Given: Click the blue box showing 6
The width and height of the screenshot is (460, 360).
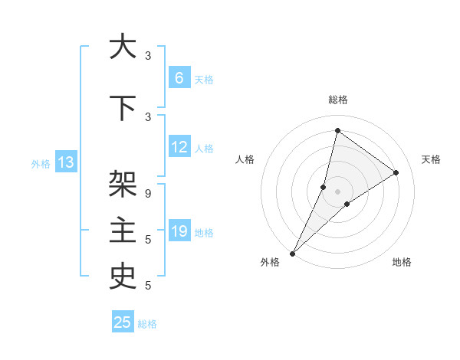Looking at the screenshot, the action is click(179, 78).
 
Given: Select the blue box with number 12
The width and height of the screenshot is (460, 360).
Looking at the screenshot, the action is click(179, 148).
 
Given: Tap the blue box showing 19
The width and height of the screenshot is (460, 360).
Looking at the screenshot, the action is click(179, 231).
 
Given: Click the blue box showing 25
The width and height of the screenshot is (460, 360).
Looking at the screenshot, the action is click(123, 322).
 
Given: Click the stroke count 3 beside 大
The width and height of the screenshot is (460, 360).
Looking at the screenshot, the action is click(148, 55).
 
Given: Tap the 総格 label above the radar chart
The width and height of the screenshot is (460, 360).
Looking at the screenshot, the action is click(337, 100).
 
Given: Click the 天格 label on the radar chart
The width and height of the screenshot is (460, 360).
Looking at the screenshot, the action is click(431, 159).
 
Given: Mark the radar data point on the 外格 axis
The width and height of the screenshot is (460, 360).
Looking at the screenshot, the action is click(292, 254).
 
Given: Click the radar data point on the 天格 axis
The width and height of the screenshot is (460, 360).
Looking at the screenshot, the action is click(396, 172).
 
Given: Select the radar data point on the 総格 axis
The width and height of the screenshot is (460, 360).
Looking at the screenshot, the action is click(337, 130).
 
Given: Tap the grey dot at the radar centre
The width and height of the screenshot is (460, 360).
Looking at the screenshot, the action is click(337, 191).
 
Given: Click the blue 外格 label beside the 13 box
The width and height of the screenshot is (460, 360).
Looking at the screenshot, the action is click(41, 163).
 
